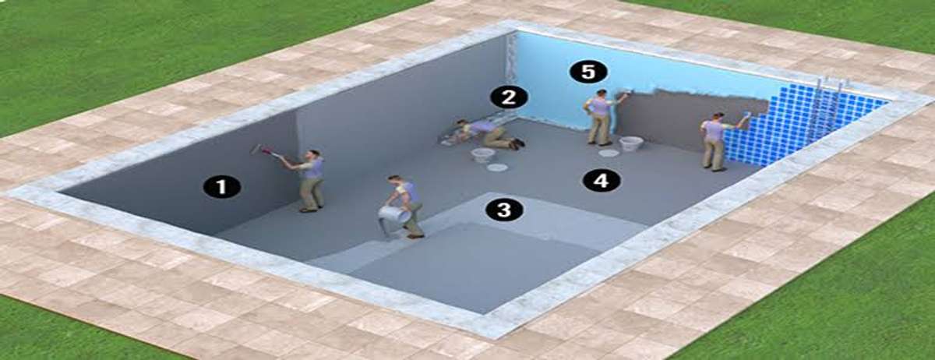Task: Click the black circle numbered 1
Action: coord(221,187)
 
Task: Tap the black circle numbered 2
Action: coord(509,97)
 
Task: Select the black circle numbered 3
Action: coord(505,210)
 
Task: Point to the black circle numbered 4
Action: coord(602,181)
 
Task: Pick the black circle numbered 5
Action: coord(588,72)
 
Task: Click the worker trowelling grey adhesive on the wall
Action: coord(601,117)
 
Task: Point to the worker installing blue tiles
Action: coord(718,141)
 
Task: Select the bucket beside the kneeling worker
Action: coord(482,155)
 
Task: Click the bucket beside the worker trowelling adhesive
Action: coord(630,144)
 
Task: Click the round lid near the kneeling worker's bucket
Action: coord(498,168)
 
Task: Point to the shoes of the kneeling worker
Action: coord(517,143)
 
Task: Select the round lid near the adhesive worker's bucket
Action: coord(609,154)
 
